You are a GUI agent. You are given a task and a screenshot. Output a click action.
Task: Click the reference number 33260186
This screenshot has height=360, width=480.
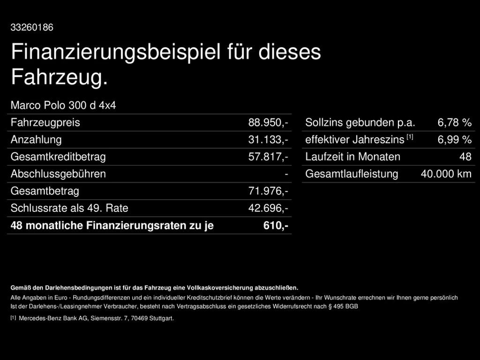pos(32,28)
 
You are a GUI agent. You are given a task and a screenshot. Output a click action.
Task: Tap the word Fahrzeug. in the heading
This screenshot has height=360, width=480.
pos(60,77)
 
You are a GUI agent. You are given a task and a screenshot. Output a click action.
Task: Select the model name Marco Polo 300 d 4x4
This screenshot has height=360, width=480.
pos(63,105)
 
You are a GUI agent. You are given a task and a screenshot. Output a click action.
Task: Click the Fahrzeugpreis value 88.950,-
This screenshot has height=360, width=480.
pos(268,123)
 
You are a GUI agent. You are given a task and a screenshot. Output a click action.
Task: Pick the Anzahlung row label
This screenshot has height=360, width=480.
pos(36,140)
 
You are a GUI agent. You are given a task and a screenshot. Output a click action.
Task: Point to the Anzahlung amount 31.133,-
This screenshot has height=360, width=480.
pos(268,140)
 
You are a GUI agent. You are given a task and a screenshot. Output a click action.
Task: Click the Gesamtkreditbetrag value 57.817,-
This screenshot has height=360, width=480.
pos(268,157)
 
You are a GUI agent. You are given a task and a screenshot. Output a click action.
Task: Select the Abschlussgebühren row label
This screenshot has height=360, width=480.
pos(58,174)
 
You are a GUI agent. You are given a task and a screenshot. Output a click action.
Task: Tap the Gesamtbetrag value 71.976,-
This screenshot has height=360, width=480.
pos(268,191)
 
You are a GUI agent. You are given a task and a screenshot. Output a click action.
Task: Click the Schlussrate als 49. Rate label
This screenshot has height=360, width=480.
pos(69,208)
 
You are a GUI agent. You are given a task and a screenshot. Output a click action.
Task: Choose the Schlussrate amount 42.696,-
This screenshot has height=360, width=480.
pos(268,208)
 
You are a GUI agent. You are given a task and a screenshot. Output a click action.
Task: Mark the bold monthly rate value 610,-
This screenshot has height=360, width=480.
pos(276,225)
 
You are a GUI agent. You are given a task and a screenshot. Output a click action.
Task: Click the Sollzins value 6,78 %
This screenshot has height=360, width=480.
pos(454,123)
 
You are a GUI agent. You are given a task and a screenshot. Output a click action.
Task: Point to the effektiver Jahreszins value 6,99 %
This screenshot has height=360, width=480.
pos(454,140)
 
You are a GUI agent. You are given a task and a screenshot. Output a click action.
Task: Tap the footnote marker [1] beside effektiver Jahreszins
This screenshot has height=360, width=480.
pos(410,137)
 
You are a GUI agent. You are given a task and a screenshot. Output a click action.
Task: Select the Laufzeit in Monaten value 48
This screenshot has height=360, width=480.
pos(465,157)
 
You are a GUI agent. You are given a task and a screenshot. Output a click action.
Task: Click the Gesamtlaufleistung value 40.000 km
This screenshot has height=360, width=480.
pos(446,174)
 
